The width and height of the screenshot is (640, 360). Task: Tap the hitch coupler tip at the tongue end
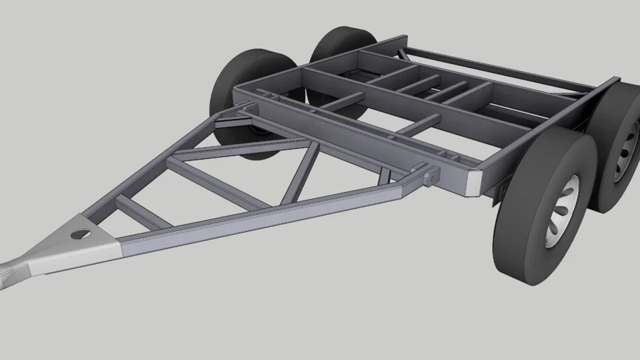pos(6,274)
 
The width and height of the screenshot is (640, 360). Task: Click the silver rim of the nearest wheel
pos(563,211)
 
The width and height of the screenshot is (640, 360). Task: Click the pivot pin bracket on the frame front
pos(429,176)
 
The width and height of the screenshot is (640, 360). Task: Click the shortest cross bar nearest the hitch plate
pos(141,212)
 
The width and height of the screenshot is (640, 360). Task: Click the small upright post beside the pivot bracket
pos(383,176)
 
